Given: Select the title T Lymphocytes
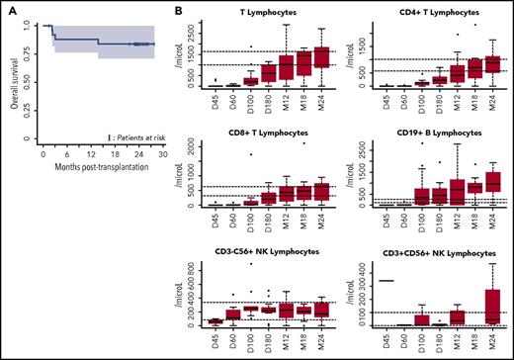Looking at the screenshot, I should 262,11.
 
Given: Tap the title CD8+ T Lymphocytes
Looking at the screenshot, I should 262,130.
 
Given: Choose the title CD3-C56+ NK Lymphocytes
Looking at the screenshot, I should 262,248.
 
